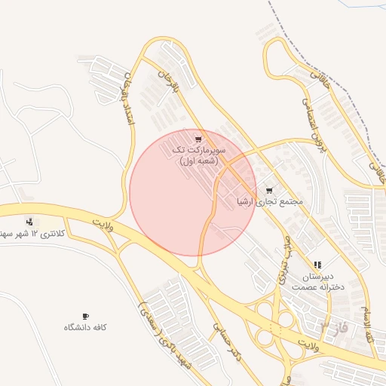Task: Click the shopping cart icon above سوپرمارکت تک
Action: pos(198,139)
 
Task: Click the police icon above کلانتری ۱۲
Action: pos(29,222)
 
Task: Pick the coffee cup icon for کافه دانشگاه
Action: pos(85,316)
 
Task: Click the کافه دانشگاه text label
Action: pos(85,327)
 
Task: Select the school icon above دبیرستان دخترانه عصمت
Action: pos(317,265)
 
